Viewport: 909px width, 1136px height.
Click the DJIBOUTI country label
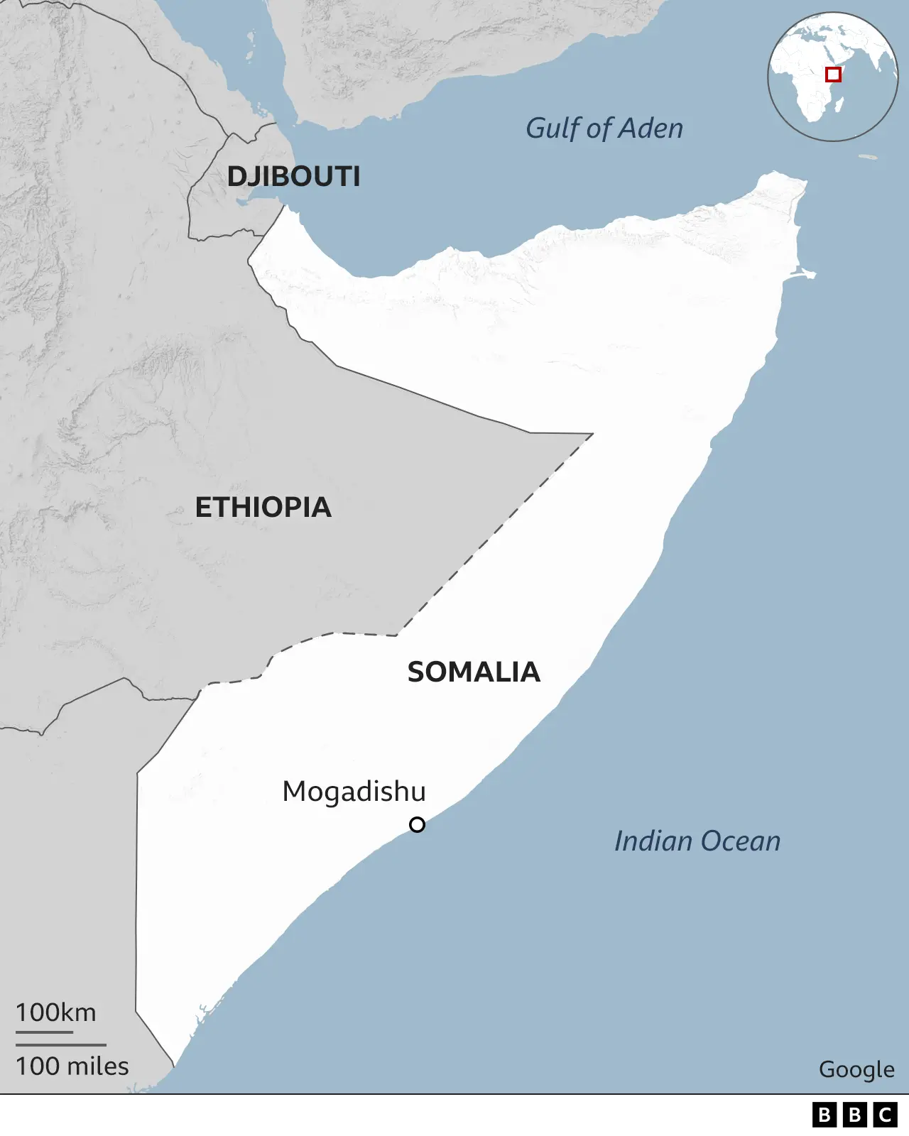click(x=293, y=176)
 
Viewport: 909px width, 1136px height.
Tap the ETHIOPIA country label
click(x=263, y=507)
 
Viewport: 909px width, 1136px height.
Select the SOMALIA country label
click(x=474, y=672)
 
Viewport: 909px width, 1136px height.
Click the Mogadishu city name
click(x=354, y=791)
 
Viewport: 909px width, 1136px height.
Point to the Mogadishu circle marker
click(x=418, y=824)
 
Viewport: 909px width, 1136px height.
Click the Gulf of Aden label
click(x=604, y=129)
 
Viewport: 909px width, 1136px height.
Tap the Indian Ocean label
click(x=697, y=841)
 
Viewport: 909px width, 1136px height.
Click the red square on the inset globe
click(x=833, y=75)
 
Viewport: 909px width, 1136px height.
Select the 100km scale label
click(x=55, y=1012)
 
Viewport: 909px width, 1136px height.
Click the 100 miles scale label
click(x=72, y=1066)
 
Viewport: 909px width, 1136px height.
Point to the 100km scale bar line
click(x=44, y=1032)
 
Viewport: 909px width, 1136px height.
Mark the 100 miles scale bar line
click(x=61, y=1045)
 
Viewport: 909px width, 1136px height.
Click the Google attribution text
click(x=856, y=1069)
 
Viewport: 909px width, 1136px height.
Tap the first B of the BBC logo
click(x=824, y=1115)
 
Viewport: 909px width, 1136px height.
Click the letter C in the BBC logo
click(x=886, y=1115)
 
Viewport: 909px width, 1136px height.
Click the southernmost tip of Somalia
click(x=173, y=1065)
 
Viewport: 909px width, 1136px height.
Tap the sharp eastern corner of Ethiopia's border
click(x=592, y=434)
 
